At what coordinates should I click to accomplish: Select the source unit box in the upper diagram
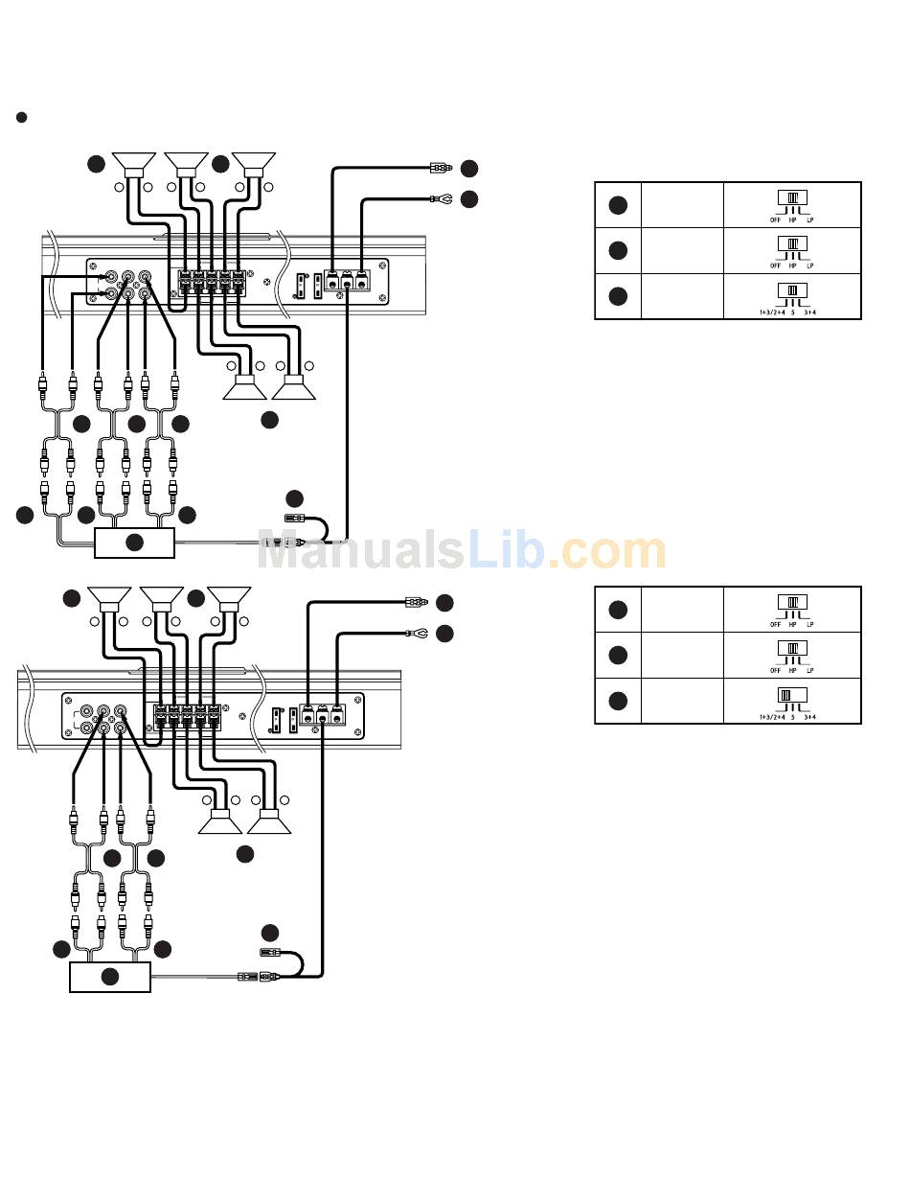(134, 543)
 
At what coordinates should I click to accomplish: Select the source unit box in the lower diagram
(110, 977)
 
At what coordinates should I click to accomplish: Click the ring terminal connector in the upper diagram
(443, 199)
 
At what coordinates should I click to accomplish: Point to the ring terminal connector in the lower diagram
(418, 633)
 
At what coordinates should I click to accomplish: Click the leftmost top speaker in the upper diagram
(133, 165)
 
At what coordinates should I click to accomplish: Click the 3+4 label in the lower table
(810, 716)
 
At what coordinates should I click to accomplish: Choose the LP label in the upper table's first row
(810, 220)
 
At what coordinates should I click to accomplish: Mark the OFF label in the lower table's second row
(775, 670)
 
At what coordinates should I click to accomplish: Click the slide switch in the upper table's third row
(792, 289)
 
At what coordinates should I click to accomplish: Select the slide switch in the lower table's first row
(792, 602)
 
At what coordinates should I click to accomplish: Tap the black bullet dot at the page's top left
(21, 117)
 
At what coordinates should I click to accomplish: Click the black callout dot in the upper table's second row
(618, 250)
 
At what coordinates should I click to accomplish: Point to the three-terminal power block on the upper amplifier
(347, 282)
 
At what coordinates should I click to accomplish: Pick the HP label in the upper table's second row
(792, 266)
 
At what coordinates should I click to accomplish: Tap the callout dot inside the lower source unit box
(110, 977)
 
